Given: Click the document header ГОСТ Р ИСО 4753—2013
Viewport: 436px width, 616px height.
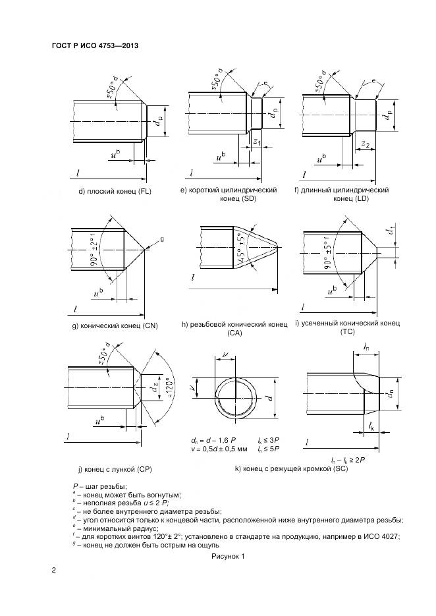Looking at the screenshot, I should point(94,45).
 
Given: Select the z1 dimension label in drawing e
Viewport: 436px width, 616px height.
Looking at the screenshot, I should point(257,142).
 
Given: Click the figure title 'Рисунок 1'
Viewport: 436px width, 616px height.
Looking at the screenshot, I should point(228,557).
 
